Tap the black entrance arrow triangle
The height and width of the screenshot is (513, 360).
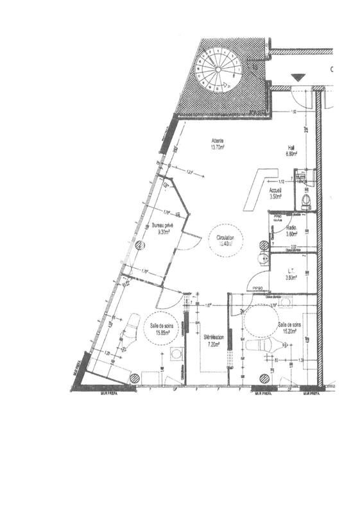pyautogui.click(x=298, y=78)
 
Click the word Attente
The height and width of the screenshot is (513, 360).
pyautogui.click(x=218, y=140)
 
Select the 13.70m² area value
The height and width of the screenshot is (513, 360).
pyautogui.click(x=218, y=147)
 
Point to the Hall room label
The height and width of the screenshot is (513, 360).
pyautogui.click(x=292, y=148)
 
